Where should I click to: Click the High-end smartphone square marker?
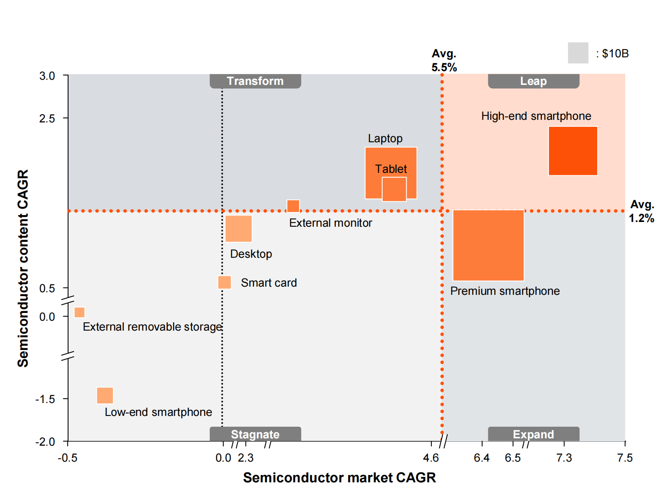click(x=573, y=151)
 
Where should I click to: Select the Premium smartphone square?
click(x=488, y=245)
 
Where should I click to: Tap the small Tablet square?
click(x=394, y=189)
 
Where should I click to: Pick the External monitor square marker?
click(x=293, y=206)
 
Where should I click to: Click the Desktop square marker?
click(x=238, y=229)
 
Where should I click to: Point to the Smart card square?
click(x=224, y=282)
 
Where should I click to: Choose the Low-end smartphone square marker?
click(x=105, y=395)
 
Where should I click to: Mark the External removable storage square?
click(x=79, y=312)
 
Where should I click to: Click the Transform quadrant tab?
click(x=255, y=81)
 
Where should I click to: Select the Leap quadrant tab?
click(x=533, y=81)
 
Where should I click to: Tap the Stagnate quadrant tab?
click(x=255, y=434)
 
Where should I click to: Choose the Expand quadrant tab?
click(x=533, y=434)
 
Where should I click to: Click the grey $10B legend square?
click(x=578, y=53)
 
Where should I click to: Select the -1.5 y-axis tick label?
click(x=45, y=399)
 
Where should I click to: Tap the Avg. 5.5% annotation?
click(x=444, y=60)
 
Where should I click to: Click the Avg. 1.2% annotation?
click(x=642, y=211)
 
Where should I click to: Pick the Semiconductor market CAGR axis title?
click(x=339, y=478)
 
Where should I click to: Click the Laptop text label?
click(x=385, y=138)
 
